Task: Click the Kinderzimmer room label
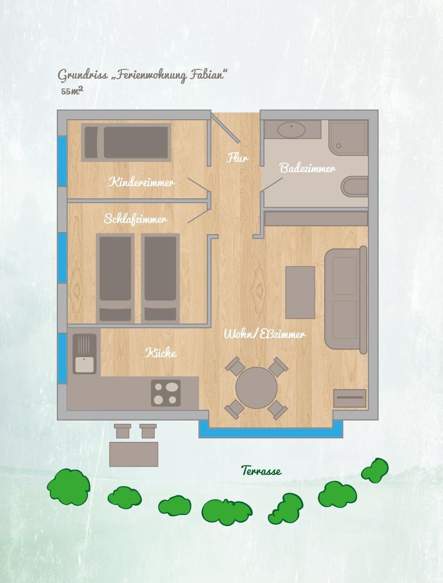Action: pos(142,183)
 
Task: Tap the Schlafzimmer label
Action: pos(136,219)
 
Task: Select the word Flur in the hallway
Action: pos(237,158)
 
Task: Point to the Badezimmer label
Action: pos(307,168)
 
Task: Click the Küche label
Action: pos(161,353)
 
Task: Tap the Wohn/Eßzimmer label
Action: pos(265,334)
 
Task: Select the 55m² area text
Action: pos(72,91)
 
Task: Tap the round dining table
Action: pos(256,388)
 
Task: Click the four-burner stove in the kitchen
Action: pos(166,393)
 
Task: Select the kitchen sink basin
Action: pos(84,365)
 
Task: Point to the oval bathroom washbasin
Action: pos(291,130)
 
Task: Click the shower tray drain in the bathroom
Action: pos(339,146)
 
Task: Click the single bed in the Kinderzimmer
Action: pos(126,142)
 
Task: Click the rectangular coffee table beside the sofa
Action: pos(300,292)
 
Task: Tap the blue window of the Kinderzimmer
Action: pos(62,161)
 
